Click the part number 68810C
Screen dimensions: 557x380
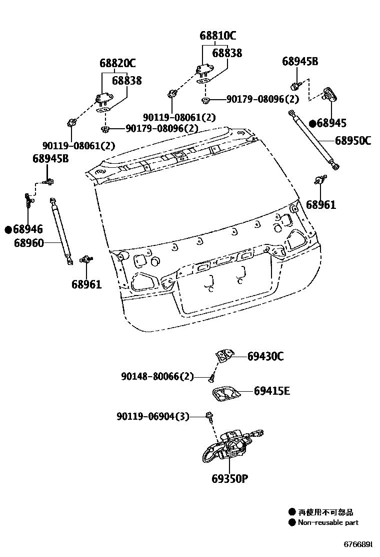[217, 36]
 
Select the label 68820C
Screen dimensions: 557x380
[117, 64]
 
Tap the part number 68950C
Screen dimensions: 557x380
[352, 141]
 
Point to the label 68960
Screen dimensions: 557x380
[28, 243]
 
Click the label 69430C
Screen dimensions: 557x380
[265, 357]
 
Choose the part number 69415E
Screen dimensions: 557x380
[271, 391]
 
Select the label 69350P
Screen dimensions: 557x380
[229, 478]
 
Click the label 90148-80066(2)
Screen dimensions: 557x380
[157, 376]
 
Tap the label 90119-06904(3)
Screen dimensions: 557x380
[153, 416]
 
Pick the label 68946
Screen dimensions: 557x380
[28, 229]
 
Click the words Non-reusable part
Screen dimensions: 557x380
[328, 522]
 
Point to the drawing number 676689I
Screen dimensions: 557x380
[357, 544]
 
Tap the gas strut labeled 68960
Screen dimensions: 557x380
[60, 229]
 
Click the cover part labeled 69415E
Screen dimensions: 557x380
[225, 393]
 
